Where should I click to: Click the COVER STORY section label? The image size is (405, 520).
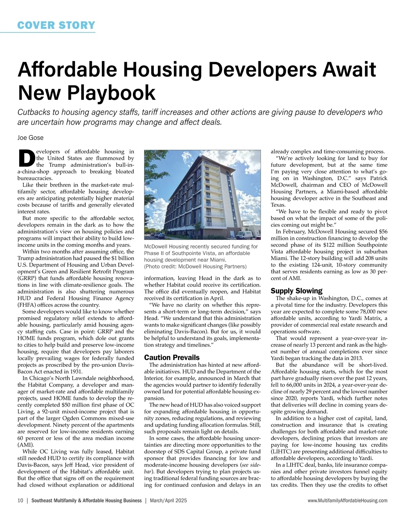[56, 25]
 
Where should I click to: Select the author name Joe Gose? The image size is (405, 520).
[30, 138]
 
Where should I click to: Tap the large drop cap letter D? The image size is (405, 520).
[26, 158]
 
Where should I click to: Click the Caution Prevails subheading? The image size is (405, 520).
[172, 357]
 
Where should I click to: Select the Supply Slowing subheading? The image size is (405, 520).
[296, 291]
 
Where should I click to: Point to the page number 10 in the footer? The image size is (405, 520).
[20, 501]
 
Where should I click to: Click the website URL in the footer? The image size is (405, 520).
[348, 501]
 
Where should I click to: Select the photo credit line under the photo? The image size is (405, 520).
[195, 267]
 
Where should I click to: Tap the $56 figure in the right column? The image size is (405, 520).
[383, 231]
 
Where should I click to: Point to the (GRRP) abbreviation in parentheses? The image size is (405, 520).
[27, 278]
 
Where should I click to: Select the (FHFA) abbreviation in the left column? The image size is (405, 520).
[27, 305]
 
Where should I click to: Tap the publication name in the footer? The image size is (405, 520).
[86, 501]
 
